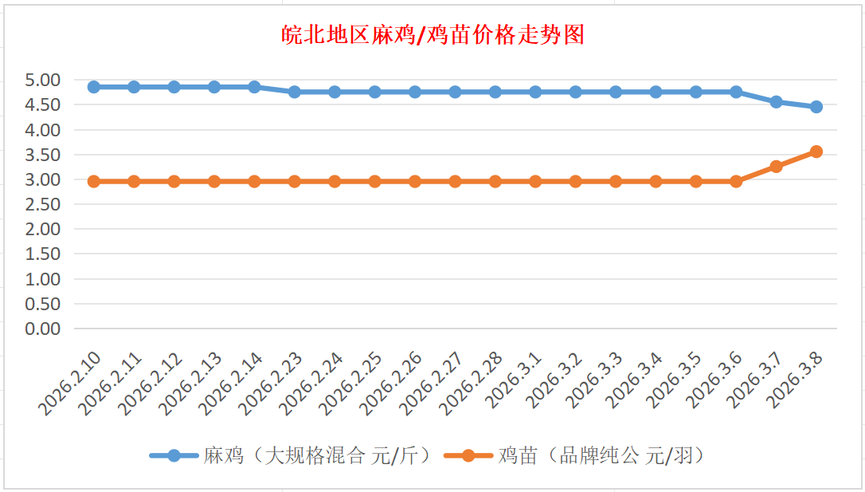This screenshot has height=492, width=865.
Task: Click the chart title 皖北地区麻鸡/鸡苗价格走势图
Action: (433, 35)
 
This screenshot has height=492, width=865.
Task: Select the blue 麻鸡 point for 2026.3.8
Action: (816, 107)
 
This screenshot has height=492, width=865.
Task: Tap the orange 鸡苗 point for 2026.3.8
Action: (816, 152)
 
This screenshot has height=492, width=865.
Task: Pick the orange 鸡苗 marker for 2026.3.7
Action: (776, 167)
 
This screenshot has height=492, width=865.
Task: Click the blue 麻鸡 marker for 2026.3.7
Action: (776, 102)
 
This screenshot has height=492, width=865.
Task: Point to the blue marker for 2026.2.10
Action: (94, 87)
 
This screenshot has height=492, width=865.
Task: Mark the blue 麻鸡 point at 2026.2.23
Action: (295, 92)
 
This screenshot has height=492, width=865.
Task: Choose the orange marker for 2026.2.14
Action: (254, 182)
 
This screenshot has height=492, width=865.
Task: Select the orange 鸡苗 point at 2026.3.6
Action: (736, 182)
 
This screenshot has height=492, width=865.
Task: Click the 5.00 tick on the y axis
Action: (43, 80)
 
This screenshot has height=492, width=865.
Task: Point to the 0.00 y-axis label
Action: (43, 329)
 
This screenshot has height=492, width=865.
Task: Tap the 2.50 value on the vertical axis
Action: (43, 204)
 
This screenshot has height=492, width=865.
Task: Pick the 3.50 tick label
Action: (43, 155)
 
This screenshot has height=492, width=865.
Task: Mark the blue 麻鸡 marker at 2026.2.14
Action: (254, 87)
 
